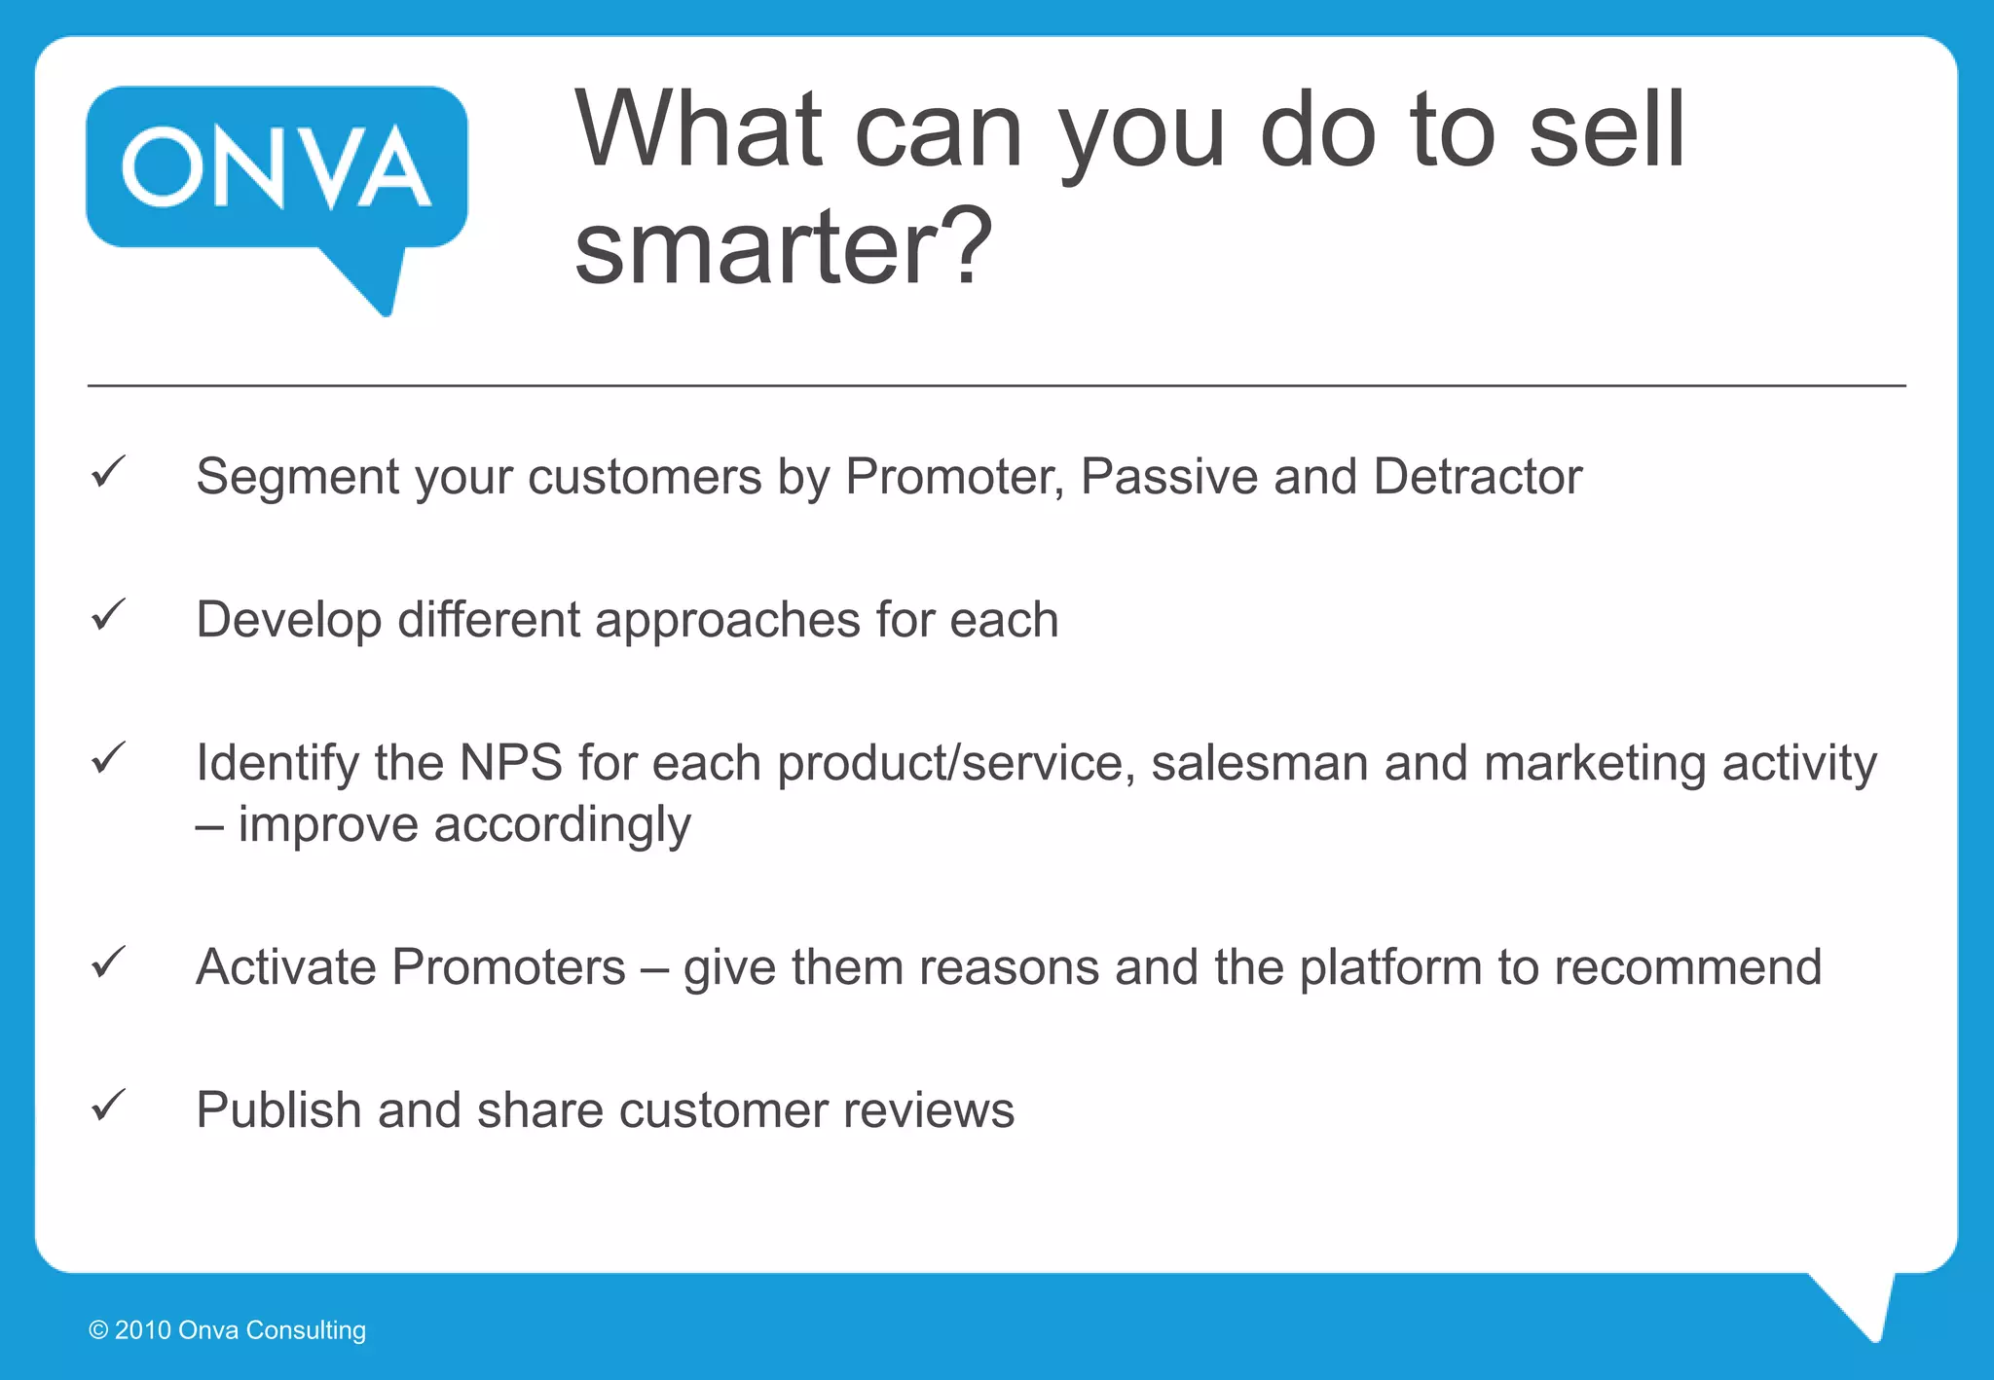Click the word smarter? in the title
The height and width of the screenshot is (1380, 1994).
(x=783, y=247)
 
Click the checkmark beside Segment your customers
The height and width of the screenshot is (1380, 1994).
(x=108, y=472)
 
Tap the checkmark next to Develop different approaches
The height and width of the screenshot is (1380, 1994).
(x=108, y=615)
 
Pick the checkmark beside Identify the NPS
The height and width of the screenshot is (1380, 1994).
(x=108, y=758)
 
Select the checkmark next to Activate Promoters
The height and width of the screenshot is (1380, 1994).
(x=108, y=962)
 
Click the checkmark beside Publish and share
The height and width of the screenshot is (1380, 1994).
(x=108, y=1106)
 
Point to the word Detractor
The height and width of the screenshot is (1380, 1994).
(x=1477, y=477)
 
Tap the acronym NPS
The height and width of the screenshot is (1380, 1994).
(x=510, y=763)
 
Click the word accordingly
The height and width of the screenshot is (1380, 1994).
(x=562, y=825)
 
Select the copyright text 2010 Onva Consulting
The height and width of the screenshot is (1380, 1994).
(x=228, y=1330)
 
